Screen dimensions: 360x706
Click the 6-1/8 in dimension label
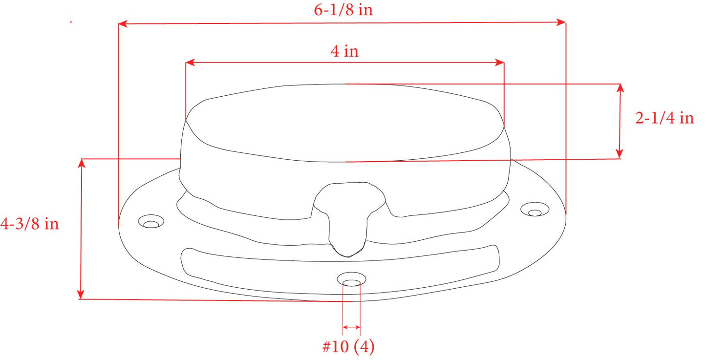pyautogui.click(x=343, y=10)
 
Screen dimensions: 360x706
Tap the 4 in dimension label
pyautogui.click(x=344, y=51)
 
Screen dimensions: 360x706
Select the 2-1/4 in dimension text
pyautogui.click(x=664, y=118)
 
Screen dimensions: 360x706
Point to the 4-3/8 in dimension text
pyautogui.click(x=29, y=224)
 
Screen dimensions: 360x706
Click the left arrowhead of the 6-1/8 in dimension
pyautogui.click(x=123, y=23)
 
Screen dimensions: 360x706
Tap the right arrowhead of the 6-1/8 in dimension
pyautogui.click(x=561, y=22)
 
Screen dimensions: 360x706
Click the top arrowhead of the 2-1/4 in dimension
pyautogui.click(x=620, y=88)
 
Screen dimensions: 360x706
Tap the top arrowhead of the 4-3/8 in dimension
pyautogui.click(x=82, y=163)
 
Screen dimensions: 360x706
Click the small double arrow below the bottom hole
pyautogui.click(x=351, y=327)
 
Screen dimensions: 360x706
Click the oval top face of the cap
pyautogui.click(x=344, y=122)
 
